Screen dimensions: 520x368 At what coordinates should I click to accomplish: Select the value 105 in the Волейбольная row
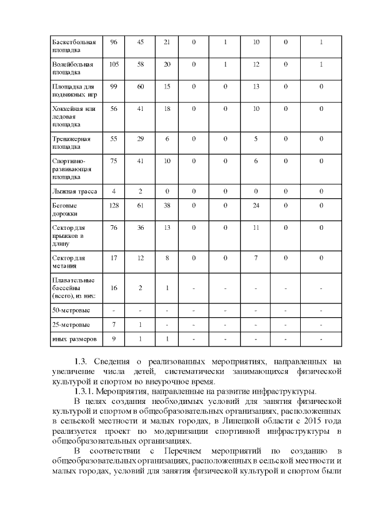click(x=113, y=64)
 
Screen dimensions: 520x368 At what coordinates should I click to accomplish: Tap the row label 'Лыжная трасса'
click(x=75, y=191)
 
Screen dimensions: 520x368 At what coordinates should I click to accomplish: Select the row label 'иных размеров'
click(x=74, y=339)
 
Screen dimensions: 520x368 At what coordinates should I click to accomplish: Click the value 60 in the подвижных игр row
click(x=140, y=86)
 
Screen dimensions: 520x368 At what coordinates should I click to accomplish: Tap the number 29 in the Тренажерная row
click(x=140, y=138)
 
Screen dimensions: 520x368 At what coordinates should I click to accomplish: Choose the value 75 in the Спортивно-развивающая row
click(x=113, y=161)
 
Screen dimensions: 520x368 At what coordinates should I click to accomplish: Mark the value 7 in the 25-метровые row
click(x=113, y=325)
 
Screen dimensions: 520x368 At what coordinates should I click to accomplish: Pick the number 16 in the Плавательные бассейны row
click(x=113, y=287)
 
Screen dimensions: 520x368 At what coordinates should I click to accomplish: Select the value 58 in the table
click(x=140, y=64)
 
